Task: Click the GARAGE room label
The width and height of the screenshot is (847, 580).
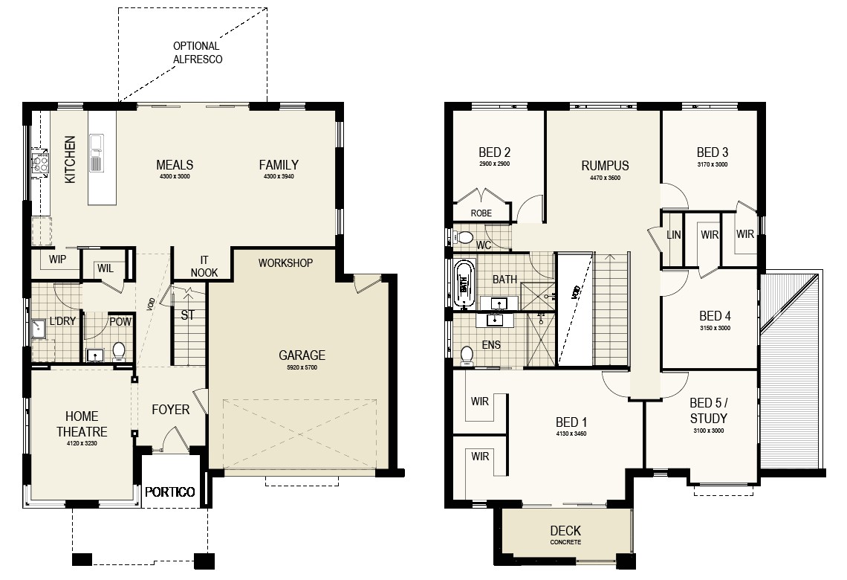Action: click(x=302, y=355)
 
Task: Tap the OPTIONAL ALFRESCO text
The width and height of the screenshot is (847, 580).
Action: click(x=197, y=53)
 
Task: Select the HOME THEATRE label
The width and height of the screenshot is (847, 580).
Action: click(x=82, y=424)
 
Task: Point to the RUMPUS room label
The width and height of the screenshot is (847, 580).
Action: click(x=605, y=165)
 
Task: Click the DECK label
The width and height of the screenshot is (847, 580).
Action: click(x=565, y=531)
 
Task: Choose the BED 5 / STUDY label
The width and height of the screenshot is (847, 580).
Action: click(x=709, y=410)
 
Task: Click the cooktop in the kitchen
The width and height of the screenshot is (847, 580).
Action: click(x=41, y=163)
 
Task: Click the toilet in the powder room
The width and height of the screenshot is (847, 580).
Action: click(x=119, y=352)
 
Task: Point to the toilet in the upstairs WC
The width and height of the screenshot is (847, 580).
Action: click(x=463, y=236)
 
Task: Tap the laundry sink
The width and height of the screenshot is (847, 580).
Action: click(x=39, y=328)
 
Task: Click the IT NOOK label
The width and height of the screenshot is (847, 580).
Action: click(x=204, y=266)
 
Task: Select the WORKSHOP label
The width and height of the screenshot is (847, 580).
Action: click(x=285, y=262)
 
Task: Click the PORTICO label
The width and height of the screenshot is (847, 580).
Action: click(x=169, y=492)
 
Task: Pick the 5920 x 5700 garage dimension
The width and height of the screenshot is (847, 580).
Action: click(x=302, y=367)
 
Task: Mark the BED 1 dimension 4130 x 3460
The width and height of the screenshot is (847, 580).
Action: click(x=571, y=434)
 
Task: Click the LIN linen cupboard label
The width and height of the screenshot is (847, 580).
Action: click(x=674, y=234)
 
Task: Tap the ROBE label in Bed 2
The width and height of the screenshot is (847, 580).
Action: click(x=481, y=213)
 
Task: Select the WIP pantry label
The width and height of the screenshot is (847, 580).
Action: click(x=57, y=259)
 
